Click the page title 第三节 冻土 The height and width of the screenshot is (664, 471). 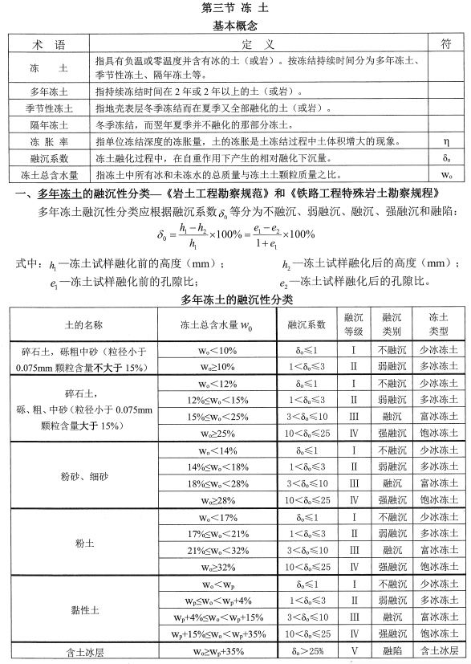point(235,9)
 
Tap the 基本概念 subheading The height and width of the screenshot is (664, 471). point(235,26)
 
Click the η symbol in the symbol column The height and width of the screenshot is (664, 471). point(446,141)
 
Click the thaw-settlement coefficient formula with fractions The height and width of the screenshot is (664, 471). point(235,239)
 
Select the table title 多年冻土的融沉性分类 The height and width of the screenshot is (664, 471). point(235,299)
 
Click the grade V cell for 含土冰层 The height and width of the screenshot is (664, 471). point(354,651)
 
